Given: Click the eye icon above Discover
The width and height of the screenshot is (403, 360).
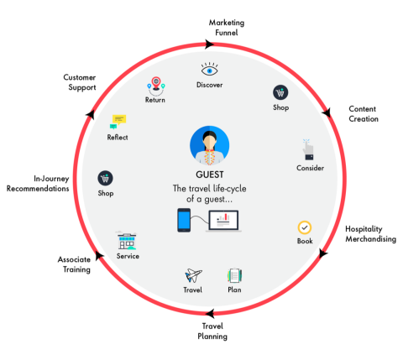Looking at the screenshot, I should pos(210,69).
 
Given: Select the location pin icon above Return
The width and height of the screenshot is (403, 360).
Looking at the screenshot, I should pos(154,84).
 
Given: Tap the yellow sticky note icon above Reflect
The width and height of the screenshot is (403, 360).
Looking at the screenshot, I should pos(118,121).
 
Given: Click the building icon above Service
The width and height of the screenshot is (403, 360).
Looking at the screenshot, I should pos(127,240).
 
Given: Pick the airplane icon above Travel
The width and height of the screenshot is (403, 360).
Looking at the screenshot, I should pos(192,275).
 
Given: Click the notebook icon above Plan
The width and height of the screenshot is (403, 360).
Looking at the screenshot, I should pos(234,275).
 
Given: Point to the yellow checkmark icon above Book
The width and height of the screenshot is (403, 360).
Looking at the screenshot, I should pos(305,227).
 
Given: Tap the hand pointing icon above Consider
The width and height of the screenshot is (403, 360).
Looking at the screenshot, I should pos(308,149).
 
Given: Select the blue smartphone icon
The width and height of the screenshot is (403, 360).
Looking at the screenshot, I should pos(185,221).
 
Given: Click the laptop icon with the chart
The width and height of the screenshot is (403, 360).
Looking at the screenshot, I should pos(223,222).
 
